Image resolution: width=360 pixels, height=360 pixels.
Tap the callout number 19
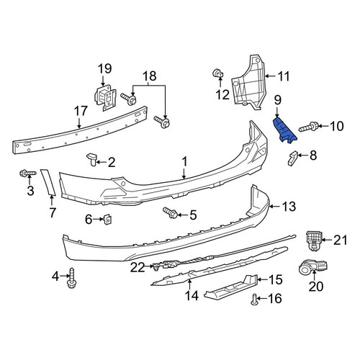[104, 68]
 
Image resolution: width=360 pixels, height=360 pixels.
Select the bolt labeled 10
[309, 127]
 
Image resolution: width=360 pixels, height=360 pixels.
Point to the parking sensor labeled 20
[313, 267]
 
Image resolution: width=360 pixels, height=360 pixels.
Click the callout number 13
[289, 206]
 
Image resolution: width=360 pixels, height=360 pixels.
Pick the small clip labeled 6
[107, 219]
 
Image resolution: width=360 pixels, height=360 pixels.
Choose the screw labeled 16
[254, 300]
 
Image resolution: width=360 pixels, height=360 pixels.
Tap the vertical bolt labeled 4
[71, 278]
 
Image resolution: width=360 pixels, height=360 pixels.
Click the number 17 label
[81, 112]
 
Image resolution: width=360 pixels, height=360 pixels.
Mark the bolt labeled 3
[28, 173]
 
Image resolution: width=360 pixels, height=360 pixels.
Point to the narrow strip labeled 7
[48, 181]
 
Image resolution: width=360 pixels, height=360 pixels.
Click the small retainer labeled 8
[292, 158]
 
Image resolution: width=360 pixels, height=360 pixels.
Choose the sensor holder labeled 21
[314, 240]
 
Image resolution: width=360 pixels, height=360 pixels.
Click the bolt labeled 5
[171, 213]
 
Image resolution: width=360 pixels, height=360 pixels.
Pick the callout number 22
[138, 267]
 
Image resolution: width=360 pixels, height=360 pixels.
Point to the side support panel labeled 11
[248, 83]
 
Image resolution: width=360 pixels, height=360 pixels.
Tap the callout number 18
[150, 76]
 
